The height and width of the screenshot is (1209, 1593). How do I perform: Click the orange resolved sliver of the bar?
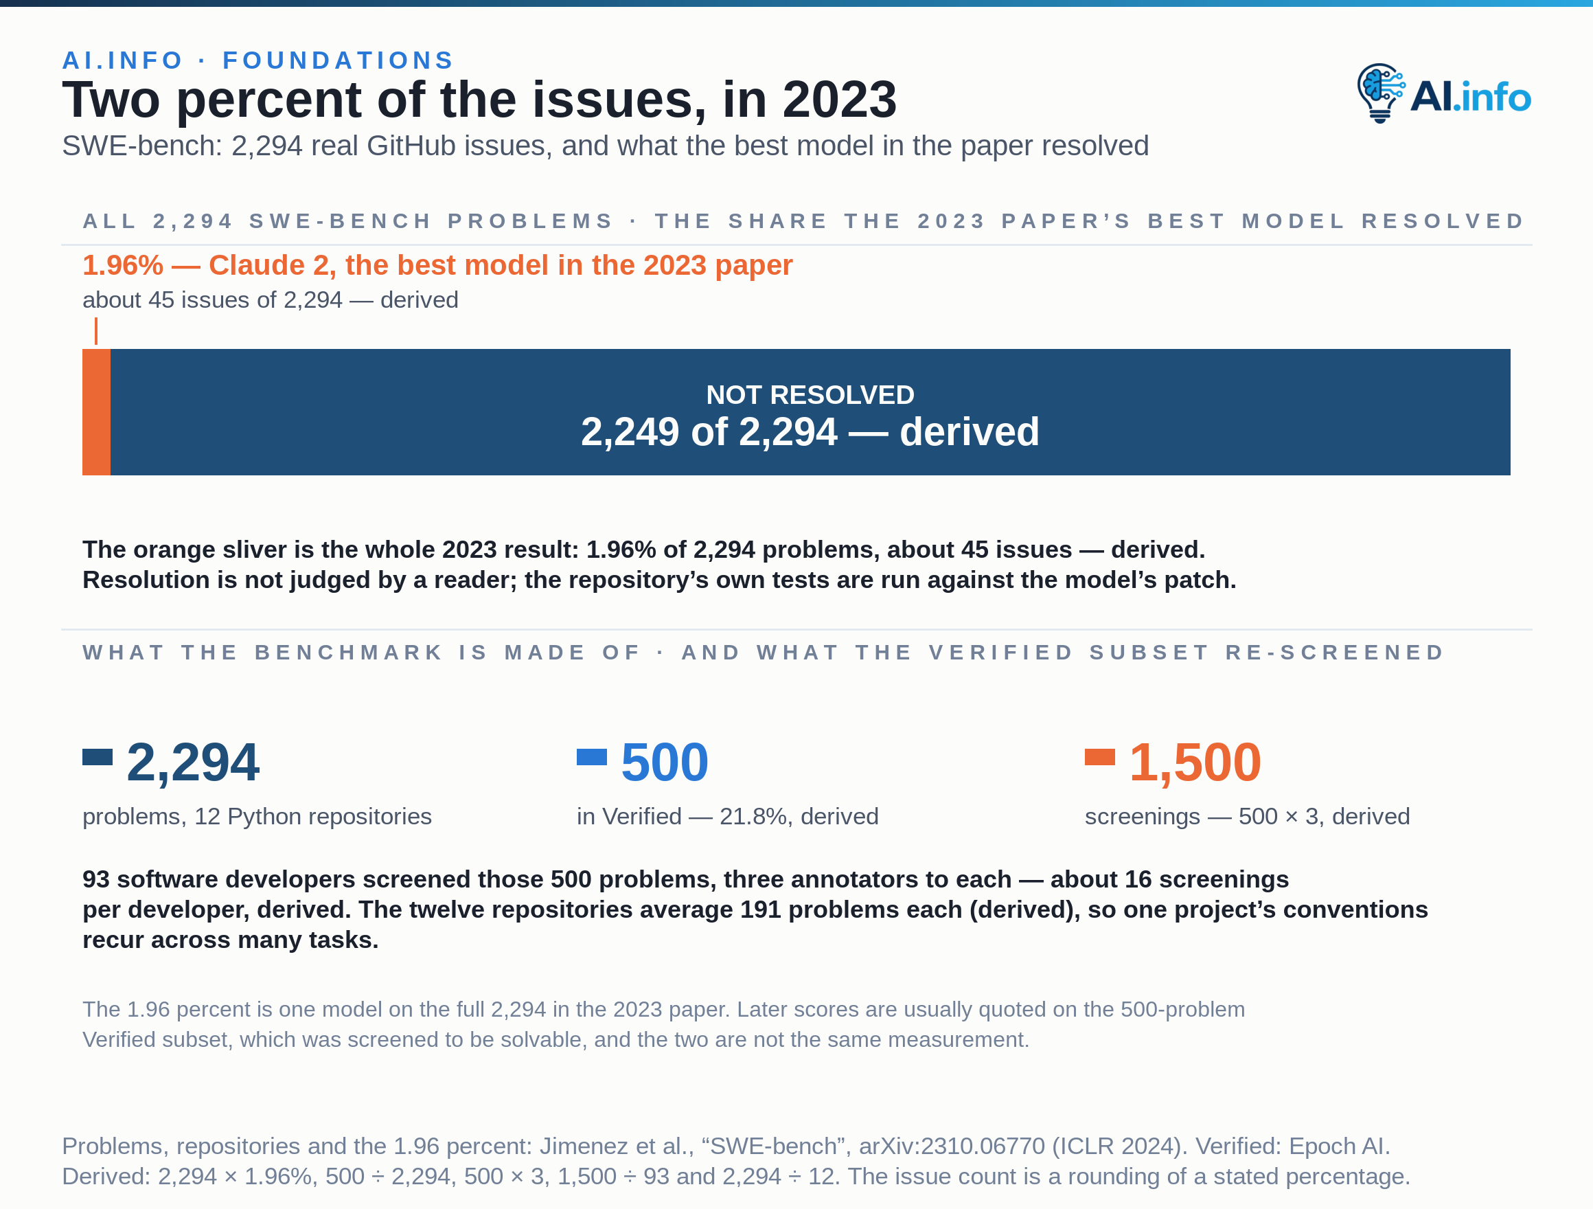[97, 412]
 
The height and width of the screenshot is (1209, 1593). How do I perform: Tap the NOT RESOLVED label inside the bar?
[810, 395]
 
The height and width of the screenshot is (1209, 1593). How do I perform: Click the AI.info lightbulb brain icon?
[1381, 93]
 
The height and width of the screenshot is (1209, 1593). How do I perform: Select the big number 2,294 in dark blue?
[193, 762]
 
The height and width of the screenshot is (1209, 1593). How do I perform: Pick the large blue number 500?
[665, 762]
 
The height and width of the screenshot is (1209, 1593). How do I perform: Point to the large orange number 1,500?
[1195, 762]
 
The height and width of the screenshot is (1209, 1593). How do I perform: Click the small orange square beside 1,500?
[1100, 756]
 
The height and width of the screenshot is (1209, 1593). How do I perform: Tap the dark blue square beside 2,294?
[98, 756]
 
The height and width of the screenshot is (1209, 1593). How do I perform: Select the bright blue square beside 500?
[592, 756]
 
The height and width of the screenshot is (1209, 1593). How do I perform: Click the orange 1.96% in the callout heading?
[123, 265]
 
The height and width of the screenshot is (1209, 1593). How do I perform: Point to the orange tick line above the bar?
[95, 331]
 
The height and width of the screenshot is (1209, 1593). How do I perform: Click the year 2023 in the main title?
[840, 100]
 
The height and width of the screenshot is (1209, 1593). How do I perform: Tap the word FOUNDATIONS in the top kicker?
[339, 60]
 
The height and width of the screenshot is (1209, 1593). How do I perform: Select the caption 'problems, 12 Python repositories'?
[257, 816]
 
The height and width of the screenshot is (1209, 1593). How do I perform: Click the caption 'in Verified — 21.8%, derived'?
[727, 816]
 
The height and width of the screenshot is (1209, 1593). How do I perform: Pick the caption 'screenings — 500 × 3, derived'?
[1248, 816]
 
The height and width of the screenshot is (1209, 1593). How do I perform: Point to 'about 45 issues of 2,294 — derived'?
[270, 300]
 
